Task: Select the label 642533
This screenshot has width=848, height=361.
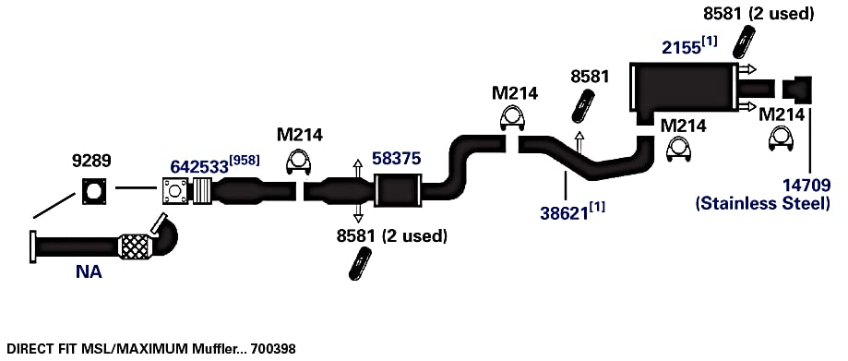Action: [199, 167]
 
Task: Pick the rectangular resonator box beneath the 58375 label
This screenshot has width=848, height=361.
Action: [398, 190]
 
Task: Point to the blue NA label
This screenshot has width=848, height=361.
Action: [89, 271]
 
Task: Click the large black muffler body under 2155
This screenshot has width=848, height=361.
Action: [684, 89]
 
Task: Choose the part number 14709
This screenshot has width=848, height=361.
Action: [806, 186]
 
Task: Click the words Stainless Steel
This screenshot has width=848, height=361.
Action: [762, 204]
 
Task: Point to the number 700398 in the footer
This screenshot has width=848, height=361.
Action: [274, 349]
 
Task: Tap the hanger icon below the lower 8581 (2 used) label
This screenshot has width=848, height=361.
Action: [360, 264]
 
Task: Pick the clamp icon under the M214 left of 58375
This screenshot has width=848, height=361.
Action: [300, 162]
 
